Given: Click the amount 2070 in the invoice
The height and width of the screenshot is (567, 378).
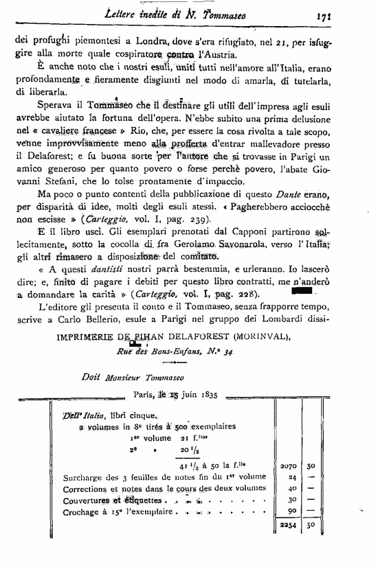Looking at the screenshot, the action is pos(289,465).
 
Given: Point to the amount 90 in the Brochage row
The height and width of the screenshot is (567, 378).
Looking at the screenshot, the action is pos(291,511).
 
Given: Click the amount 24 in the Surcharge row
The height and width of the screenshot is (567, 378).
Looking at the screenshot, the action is pos(291,477).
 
